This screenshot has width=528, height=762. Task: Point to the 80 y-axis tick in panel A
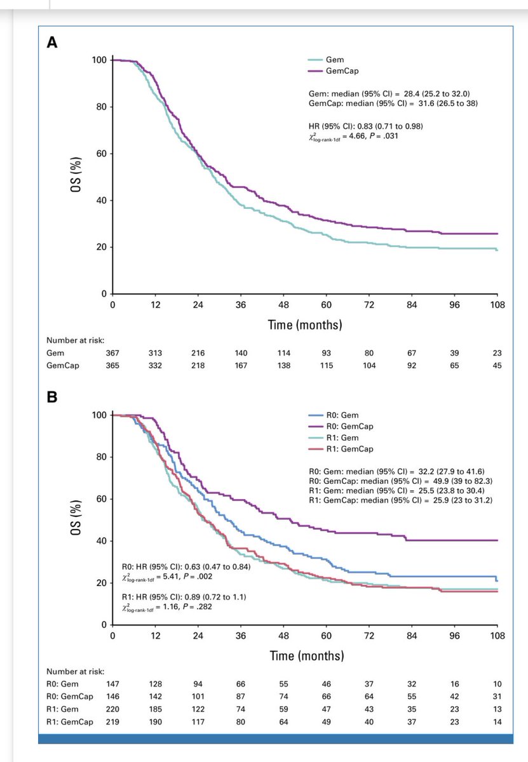[98, 107]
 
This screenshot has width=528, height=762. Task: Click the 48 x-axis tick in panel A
[283, 305]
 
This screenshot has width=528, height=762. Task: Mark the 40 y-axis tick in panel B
[98, 541]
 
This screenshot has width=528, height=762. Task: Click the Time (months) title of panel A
[305, 325]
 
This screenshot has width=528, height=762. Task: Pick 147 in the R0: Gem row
[112, 684]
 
